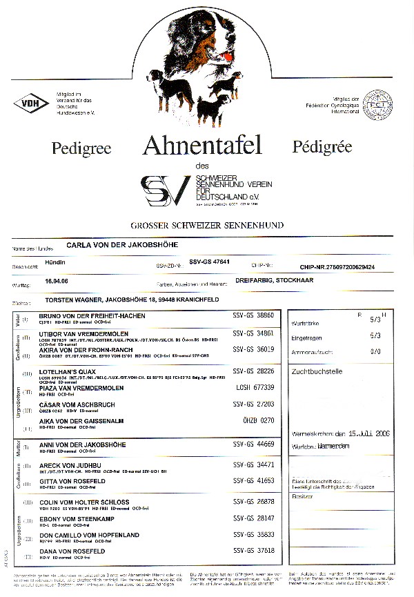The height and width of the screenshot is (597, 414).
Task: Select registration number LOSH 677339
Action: tap(255, 389)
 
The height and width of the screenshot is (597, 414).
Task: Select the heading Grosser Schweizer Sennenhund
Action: tap(206, 225)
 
